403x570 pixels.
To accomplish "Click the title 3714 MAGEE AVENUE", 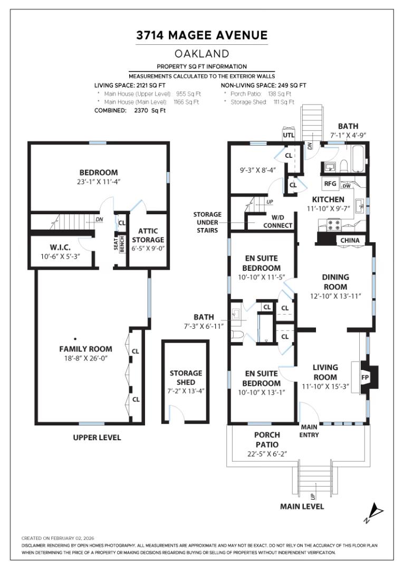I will pyautogui.click(x=201, y=35).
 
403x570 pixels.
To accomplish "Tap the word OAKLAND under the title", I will pyautogui.click(x=201, y=54).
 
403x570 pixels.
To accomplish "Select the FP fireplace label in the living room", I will pyautogui.click(x=364, y=378).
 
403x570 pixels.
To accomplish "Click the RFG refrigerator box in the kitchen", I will pyautogui.click(x=331, y=184).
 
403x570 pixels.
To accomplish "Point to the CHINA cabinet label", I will pyautogui.click(x=350, y=241).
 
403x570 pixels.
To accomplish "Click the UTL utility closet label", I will pyautogui.click(x=289, y=135).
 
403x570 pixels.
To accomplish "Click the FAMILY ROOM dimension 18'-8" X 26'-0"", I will pyautogui.click(x=85, y=358).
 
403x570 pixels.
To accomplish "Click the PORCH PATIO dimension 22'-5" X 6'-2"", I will pyautogui.click(x=267, y=454).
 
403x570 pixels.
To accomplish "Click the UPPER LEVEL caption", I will pyautogui.click(x=97, y=438).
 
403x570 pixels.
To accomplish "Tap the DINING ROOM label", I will pyautogui.click(x=335, y=281).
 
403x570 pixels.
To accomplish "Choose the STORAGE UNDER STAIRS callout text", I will pyautogui.click(x=207, y=222).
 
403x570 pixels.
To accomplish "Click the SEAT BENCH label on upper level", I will pyautogui.click(x=118, y=243).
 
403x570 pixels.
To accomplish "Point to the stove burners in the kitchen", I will pyautogui.click(x=333, y=225).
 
